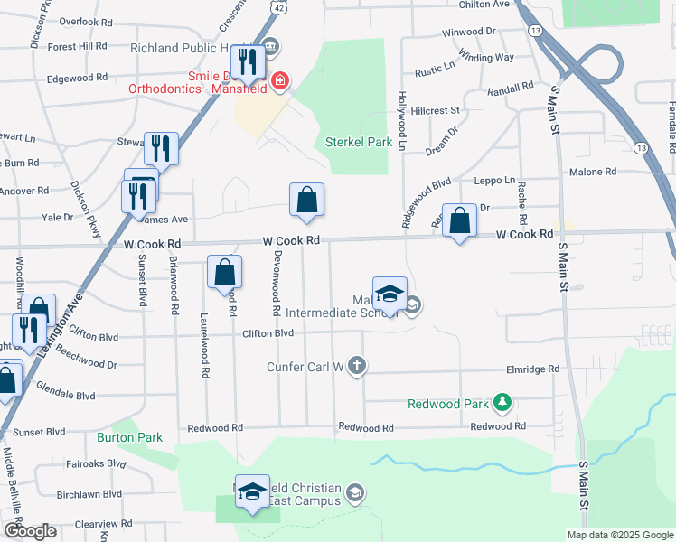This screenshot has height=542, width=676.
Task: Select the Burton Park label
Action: pyautogui.click(x=129, y=437)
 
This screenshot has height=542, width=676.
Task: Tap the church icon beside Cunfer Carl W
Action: pyautogui.click(x=357, y=366)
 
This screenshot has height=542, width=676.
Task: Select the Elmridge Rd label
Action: pyautogui.click(x=533, y=369)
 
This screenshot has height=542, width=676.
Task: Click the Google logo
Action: pyautogui.click(x=30, y=531)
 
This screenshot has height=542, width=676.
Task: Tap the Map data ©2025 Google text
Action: pyautogui.click(x=619, y=535)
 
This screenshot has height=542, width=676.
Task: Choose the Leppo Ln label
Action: pyautogui.click(x=496, y=181)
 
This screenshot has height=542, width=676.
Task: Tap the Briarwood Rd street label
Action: pyautogui.click(x=173, y=285)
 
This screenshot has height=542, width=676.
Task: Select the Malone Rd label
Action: pyautogui.click(x=592, y=172)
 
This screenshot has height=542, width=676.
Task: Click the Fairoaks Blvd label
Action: pyautogui.click(x=96, y=463)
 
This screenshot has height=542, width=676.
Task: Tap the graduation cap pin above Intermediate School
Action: pyautogui.click(x=390, y=294)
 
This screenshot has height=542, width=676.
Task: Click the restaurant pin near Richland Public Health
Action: pyautogui.click(x=247, y=62)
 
